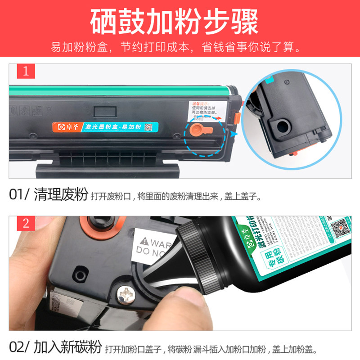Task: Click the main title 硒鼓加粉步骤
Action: pos(180,22)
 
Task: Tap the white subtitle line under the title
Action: pos(180,47)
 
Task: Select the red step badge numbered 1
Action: pos(26,72)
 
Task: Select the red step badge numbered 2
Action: pos(26,224)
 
